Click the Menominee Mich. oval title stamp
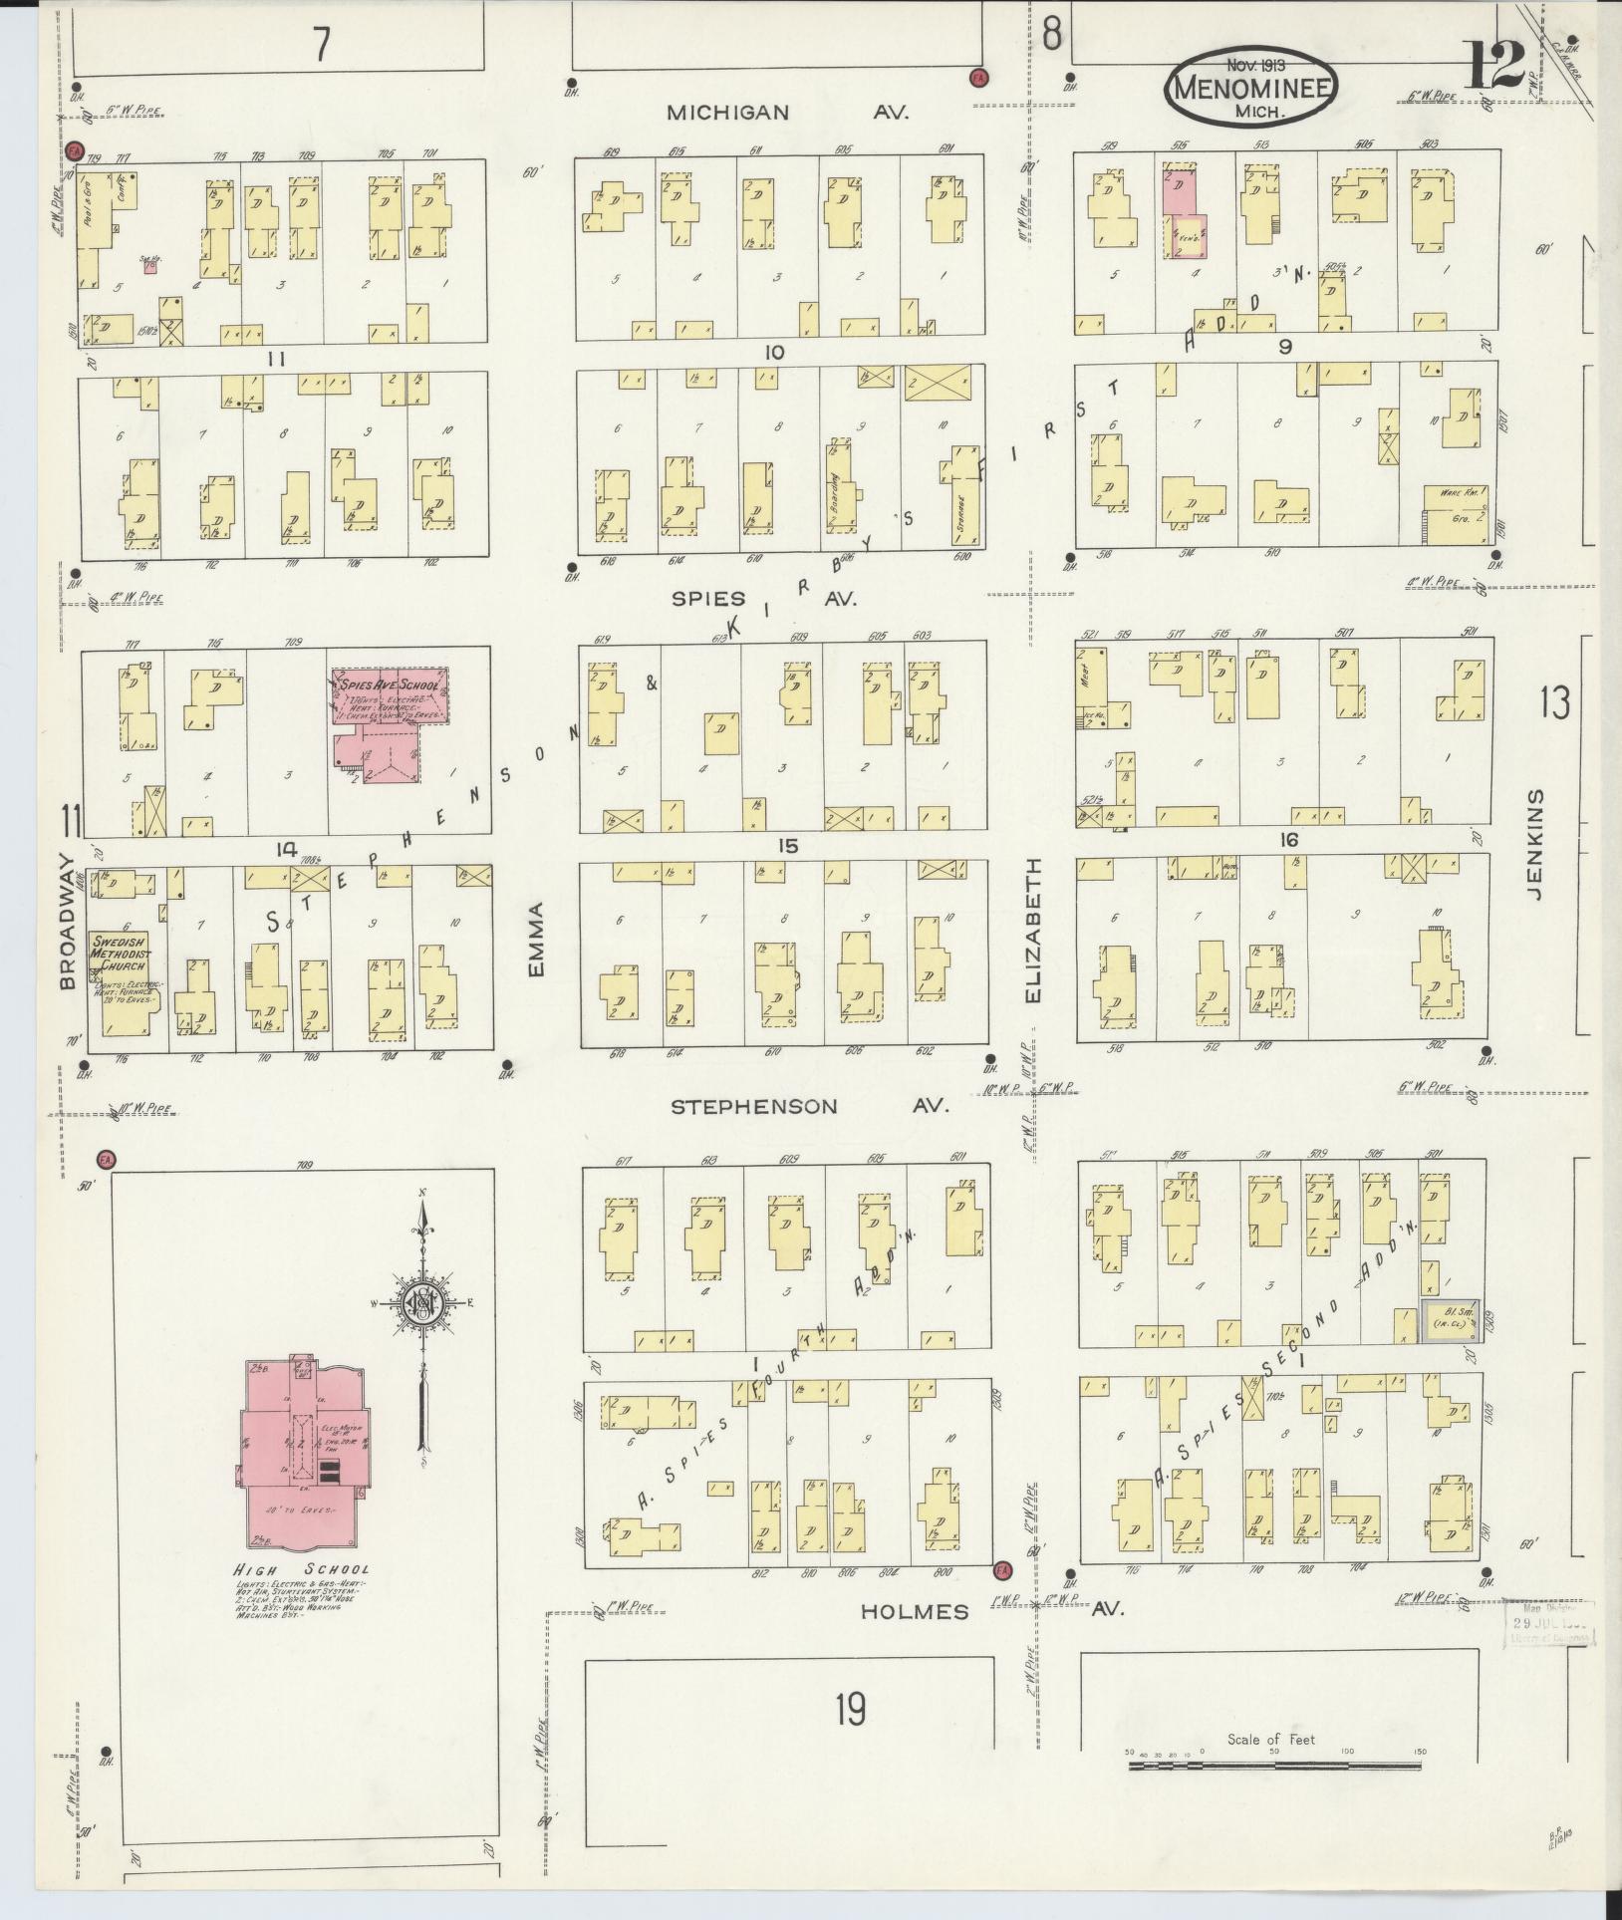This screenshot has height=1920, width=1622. pos(1252,86)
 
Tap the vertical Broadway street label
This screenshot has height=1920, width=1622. pos(67,921)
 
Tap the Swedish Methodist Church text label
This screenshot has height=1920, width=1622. pos(119,952)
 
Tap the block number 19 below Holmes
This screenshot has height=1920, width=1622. pos(850,1711)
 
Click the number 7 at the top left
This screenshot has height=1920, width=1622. pos(321,45)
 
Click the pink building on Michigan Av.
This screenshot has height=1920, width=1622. pos(1184,213)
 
